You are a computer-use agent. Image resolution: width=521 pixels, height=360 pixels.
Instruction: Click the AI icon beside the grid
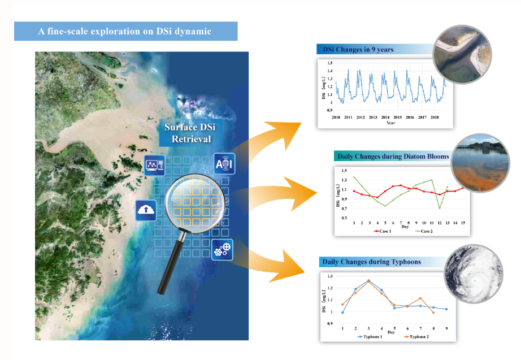coord(224,164)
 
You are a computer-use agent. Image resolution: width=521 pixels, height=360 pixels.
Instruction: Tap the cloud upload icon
coord(146,210)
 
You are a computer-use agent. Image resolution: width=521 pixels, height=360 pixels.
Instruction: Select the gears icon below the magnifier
coord(222,249)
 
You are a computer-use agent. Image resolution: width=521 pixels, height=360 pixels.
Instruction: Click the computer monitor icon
coord(154,165)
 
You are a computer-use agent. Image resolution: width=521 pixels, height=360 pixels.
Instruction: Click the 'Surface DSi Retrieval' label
coord(190,133)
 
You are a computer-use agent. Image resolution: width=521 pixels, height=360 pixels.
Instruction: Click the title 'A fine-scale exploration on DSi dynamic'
coord(125,31)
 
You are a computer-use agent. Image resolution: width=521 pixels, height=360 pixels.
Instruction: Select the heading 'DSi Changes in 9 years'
coord(358,50)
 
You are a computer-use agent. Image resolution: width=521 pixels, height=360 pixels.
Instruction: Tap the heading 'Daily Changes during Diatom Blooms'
coord(393,157)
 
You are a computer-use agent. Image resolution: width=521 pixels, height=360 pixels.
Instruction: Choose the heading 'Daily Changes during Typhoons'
coord(371,262)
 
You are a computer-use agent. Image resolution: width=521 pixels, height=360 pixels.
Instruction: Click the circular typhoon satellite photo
coord(474,274)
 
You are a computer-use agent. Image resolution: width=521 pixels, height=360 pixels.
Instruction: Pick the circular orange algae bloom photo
coord(480,163)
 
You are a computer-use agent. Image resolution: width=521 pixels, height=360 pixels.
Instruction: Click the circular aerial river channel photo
coord(462,54)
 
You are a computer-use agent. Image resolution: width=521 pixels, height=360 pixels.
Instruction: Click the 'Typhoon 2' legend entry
coord(416,337)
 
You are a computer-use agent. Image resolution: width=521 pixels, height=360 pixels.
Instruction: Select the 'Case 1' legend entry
coord(383,231)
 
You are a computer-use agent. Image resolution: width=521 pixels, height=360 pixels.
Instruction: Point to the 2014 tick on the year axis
coord(385,118)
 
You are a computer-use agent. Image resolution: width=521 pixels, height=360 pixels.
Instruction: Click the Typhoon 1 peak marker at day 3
coord(368,280)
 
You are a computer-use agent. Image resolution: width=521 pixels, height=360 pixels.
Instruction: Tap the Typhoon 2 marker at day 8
coord(433,313)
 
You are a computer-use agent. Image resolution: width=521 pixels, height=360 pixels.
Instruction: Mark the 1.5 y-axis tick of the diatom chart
coord(344,171)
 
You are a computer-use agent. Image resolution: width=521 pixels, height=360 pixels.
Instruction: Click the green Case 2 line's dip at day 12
coord(440,209)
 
